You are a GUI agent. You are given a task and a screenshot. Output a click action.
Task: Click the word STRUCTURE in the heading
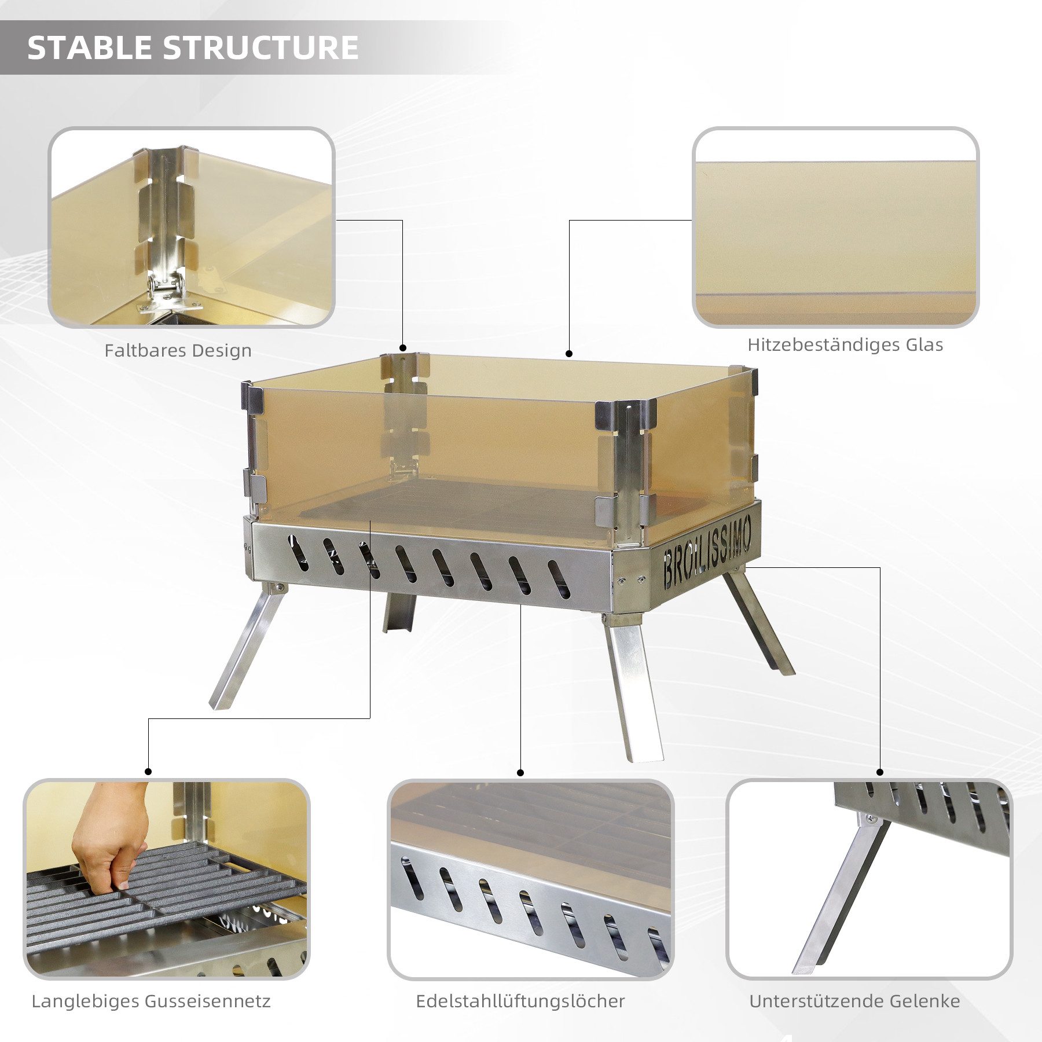(x=262, y=47)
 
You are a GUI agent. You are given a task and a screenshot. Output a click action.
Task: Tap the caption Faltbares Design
(x=178, y=351)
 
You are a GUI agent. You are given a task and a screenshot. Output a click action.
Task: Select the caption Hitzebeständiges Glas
(x=845, y=345)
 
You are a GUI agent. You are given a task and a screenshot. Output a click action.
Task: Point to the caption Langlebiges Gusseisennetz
(x=151, y=1001)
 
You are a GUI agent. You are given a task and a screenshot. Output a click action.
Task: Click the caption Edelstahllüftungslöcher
(x=520, y=1001)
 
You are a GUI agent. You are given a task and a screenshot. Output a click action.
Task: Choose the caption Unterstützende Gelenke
(x=854, y=1001)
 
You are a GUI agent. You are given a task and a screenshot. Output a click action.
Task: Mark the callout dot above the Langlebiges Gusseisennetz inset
(x=148, y=772)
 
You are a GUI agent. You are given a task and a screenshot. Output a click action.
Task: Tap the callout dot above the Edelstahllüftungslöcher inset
(x=520, y=773)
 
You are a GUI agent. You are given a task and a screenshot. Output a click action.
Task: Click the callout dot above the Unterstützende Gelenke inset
(x=880, y=772)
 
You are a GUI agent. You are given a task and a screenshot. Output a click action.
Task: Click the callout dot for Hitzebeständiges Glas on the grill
(x=569, y=354)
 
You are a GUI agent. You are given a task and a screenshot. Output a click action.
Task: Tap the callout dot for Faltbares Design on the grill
(x=402, y=347)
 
